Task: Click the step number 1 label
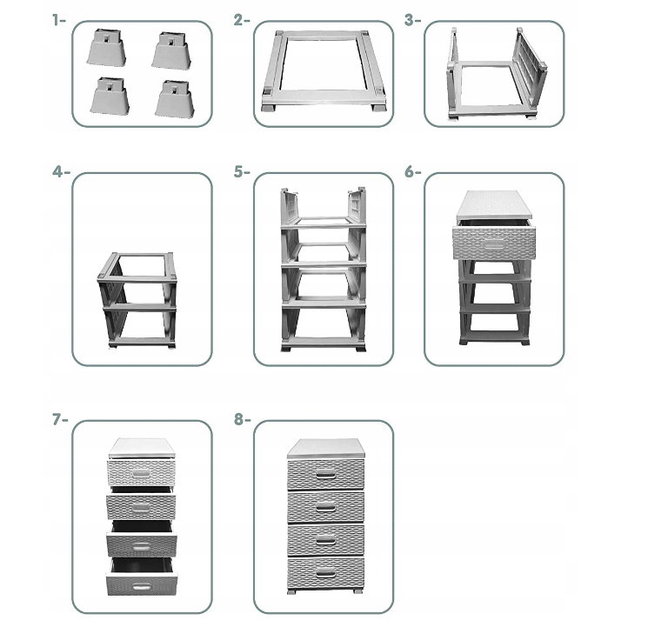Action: [59, 20]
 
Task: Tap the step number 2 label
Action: [242, 20]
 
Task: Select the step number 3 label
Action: [412, 20]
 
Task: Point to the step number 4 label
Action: [61, 172]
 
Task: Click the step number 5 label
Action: [242, 172]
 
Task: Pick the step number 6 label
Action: [412, 172]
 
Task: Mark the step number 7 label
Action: [60, 419]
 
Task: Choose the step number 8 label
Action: [242, 419]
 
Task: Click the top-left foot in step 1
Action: [106, 47]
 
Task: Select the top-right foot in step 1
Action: [170, 50]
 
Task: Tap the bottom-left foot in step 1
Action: [110, 96]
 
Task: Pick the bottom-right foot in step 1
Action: [174, 99]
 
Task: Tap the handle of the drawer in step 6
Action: [494, 245]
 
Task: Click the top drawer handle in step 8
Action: [325, 475]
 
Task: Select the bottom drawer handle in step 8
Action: [325, 572]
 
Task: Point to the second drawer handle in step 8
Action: [325, 507]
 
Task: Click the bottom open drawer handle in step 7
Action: [141, 587]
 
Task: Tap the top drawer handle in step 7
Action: [141, 474]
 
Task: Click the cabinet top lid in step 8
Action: [325, 449]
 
